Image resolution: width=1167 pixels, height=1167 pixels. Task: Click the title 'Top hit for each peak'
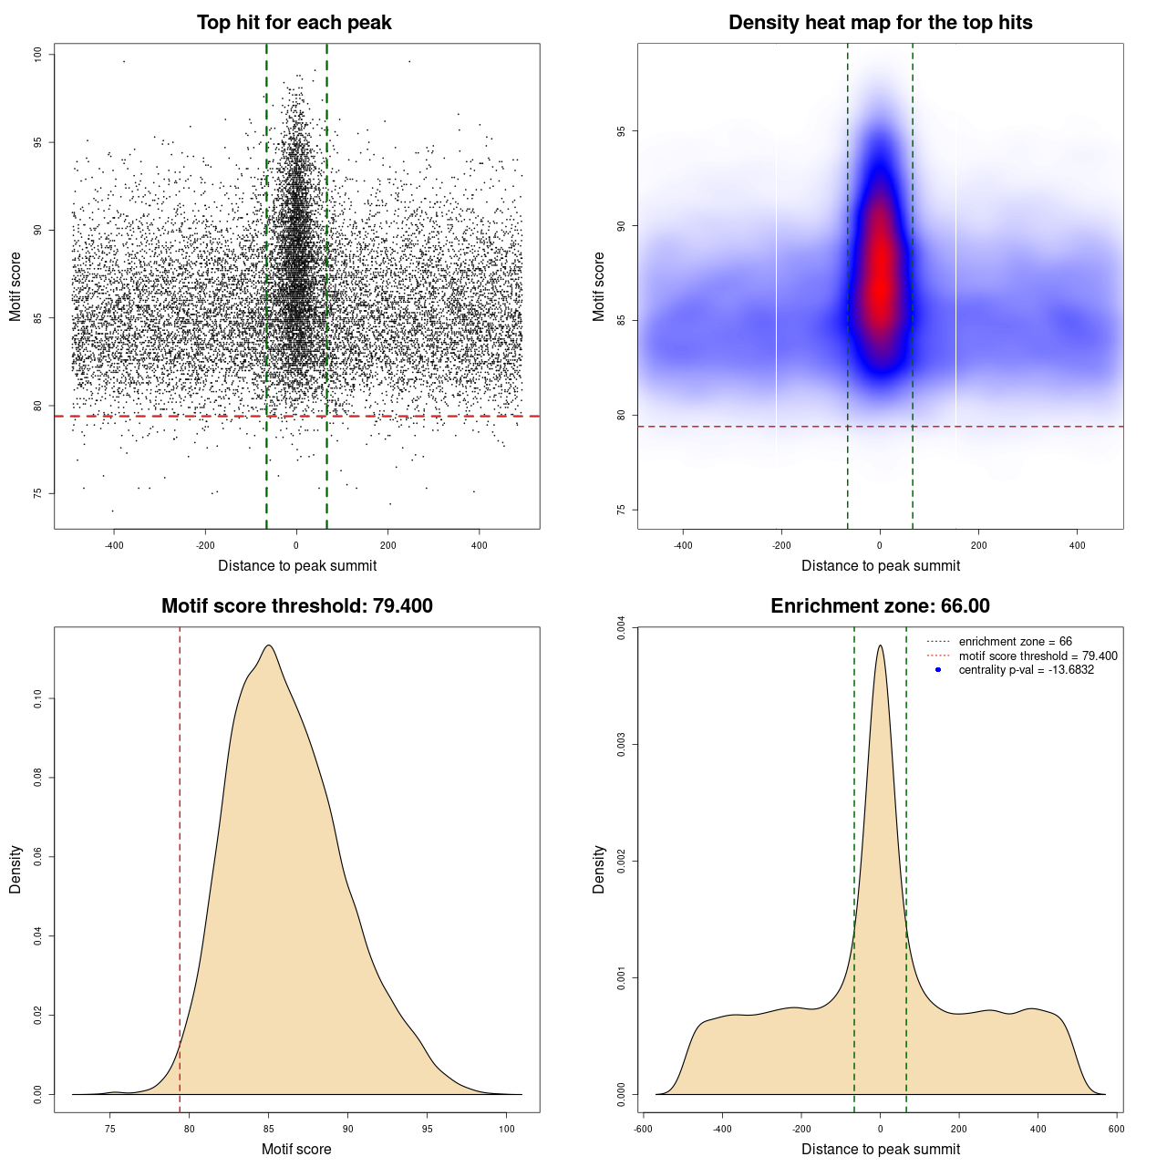click(x=294, y=23)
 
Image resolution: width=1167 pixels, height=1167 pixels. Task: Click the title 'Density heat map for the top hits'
click(x=880, y=23)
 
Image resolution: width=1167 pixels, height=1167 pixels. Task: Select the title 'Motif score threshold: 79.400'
click(x=296, y=606)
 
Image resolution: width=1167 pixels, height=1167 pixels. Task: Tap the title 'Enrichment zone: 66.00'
click(x=880, y=606)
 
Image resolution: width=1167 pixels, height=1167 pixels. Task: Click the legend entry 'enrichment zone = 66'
click(x=1015, y=642)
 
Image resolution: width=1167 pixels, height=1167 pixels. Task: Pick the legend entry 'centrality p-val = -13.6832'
click(x=1026, y=670)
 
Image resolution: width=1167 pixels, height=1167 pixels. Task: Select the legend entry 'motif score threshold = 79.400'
click(x=1038, y=656)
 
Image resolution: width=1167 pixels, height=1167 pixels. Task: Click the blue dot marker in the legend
click(x=937, y=670)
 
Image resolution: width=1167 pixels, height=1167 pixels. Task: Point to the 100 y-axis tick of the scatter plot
click(x=38, y=55)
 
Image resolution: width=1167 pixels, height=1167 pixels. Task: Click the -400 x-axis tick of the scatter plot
click(x=114, y=545)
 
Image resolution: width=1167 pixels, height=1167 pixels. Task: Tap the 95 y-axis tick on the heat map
click(x=622, y=131)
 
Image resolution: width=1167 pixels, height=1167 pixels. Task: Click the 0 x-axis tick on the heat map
click(x=880, y=545)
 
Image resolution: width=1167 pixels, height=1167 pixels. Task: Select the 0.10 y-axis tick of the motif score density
click(x=38, y=699)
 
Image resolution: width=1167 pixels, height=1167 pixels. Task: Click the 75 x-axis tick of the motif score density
click(x=110, y=1129)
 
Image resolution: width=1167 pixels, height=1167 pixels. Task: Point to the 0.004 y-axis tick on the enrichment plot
click(x=622, y=628)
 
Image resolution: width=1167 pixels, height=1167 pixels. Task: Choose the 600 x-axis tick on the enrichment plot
click(x=1116, y=1129)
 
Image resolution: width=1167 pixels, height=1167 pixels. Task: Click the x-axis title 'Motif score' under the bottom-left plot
click(x=296, y=1149)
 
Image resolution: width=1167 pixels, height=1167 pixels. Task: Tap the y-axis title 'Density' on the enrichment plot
click(x=599, y=869)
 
